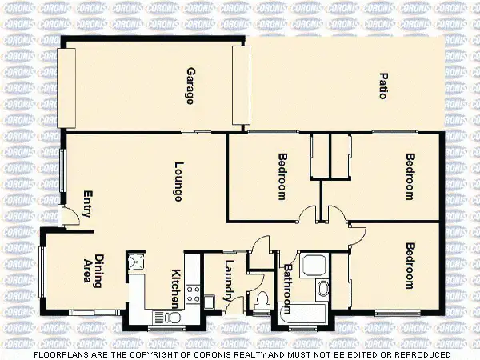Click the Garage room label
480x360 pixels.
[190, 86]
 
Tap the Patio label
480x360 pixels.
[383, 86]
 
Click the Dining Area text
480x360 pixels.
[94, 271]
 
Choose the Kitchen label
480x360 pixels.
[177, 288]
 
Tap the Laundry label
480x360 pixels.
[229, 280]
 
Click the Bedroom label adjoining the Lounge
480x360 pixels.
[282, 176]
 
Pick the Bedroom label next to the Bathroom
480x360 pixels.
[410, 266]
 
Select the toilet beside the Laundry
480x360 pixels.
[262, 302]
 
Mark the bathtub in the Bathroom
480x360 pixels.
[308, 315]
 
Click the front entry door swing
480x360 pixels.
[71, 214]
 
